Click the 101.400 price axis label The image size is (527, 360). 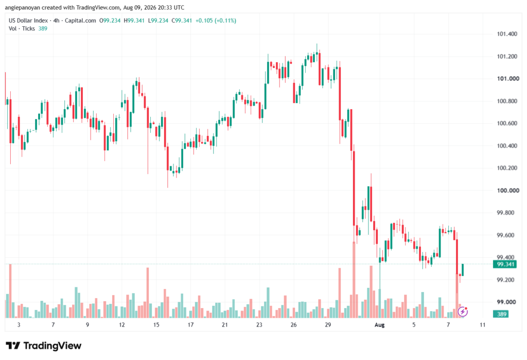(507, 34)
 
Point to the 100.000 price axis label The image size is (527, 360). (508, 191)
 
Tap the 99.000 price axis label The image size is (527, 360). (507, 302)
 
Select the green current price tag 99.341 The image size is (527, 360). (504, 264)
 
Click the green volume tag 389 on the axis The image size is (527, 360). (501, 314)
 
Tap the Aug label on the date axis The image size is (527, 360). (379, 324)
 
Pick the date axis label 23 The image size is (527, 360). (259, 324)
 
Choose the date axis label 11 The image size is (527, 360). (483, 324)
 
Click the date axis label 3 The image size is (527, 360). (19, 324)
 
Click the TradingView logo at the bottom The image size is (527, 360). (44, 346)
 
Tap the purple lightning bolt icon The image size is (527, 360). (463, 312)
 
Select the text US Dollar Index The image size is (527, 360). (28, 21)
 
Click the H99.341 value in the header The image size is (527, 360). (134, 21)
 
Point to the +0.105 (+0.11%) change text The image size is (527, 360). (216, 21)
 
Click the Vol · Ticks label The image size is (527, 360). (22, 29)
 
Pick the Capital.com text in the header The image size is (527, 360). (80, 21)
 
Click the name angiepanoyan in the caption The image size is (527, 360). (22, 7)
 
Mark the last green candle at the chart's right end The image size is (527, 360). (463, 270)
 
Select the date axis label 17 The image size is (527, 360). (190, 324)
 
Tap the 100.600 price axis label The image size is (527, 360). (507, 124)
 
